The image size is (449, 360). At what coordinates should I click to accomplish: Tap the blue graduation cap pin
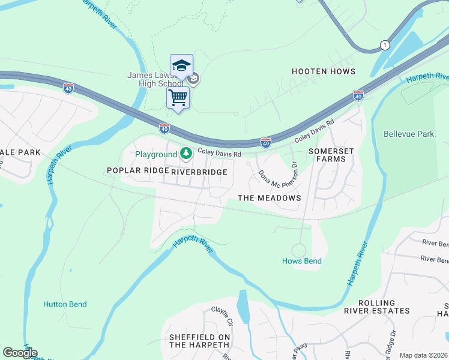click(181, 65)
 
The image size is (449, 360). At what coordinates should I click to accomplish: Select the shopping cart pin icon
click(178, 97)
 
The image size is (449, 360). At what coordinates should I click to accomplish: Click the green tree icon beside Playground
click(186, 154)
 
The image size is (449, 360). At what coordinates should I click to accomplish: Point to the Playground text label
click(155, 154)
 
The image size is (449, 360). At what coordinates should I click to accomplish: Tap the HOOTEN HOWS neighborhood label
click(324, 71)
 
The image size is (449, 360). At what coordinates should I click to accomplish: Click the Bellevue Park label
click(409, 134)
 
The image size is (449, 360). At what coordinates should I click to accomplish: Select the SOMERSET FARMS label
click(327, 155)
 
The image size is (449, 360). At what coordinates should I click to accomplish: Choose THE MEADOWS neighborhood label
click(269, 198)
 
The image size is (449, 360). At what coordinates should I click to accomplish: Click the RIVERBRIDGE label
click(199, 172)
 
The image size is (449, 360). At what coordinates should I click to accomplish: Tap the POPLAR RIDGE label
click(137, 171)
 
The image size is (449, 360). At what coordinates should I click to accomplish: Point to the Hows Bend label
click(302, 261)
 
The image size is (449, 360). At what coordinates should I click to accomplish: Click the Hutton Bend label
click(65, 304)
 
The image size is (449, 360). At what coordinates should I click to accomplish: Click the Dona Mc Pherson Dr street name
click(279, 173)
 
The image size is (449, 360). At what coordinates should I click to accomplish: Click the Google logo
click(20, 353)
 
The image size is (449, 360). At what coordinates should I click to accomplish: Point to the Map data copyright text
click(423, 355)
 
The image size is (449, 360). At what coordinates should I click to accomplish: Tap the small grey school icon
click(193, 78)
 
